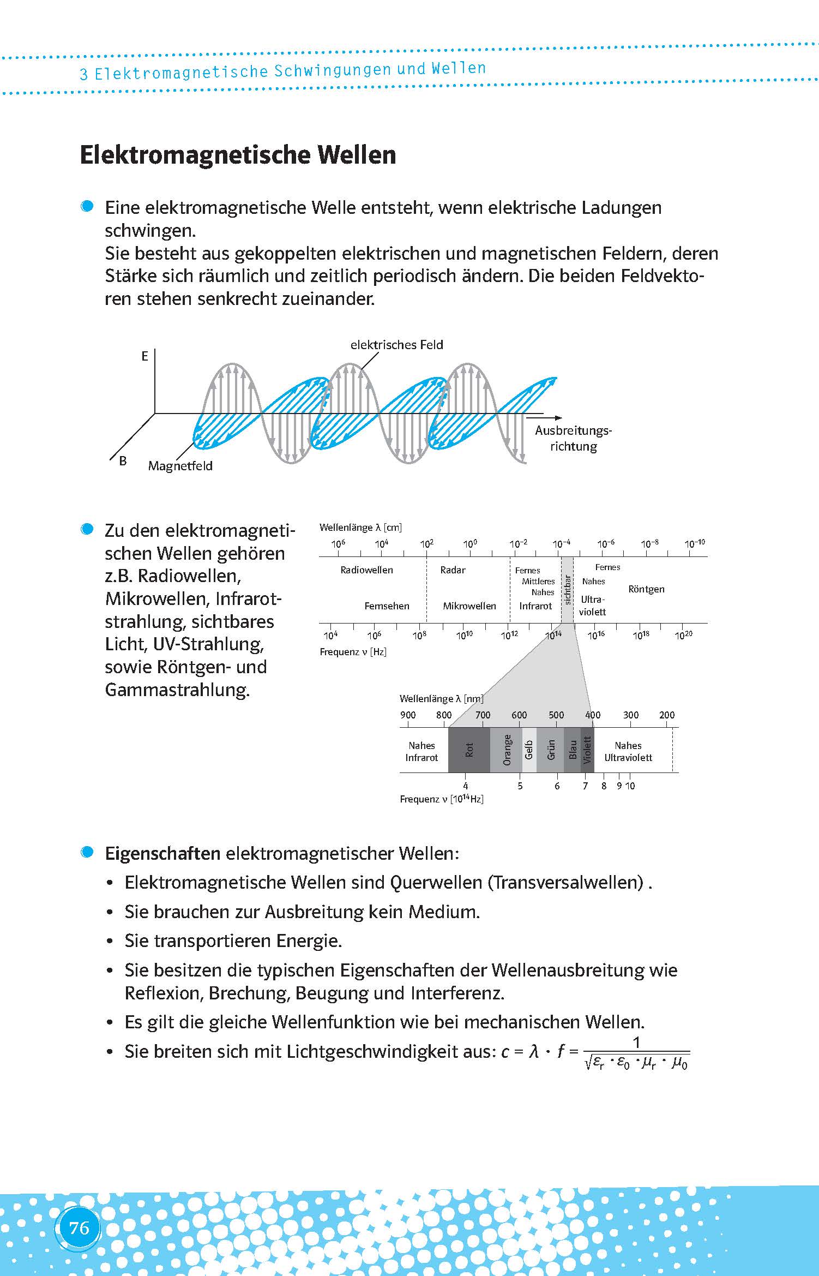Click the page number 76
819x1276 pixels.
pyautogui.click(x=79, y=1227)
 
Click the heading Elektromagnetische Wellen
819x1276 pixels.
pyautogui.click(x=238, y=155)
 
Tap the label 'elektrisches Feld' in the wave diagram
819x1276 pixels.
pyautogui.click(x=396, y=345)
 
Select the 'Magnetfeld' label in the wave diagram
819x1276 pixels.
pyautogui.click(x=180, y=466)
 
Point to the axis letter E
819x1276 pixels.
pyautogui.click(x=144, y=356)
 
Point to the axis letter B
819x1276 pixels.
pyautogui.click(x=123, y=461)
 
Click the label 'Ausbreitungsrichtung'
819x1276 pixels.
pyautogui.click(x=573, y=438)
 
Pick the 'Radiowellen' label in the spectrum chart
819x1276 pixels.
pyautogui.click(x=366, y=570)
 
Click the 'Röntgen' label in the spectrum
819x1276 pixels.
pyautogui.click(x=646, y=589)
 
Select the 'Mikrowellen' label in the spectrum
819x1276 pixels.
pyautogui.click(x=469, y=606)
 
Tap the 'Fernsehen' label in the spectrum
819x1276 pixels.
pyautogui.click(x=387, y=606)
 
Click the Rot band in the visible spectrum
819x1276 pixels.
pyautogui.click(x=469, y=750)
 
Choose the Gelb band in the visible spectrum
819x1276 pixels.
pyautogui.click(x=529, y=750)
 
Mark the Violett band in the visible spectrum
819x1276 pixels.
pyautogui.click(x=587, y=750)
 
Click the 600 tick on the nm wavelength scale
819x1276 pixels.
pyautogui.click(x=519, y=715)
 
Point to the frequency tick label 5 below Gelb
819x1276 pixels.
pyautogui.click(x=520, y=786)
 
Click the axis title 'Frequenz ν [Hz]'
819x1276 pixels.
pyautogui.click(x=353, y=652)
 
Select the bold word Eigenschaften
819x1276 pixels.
pyautogui.click(x=162, y=854)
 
